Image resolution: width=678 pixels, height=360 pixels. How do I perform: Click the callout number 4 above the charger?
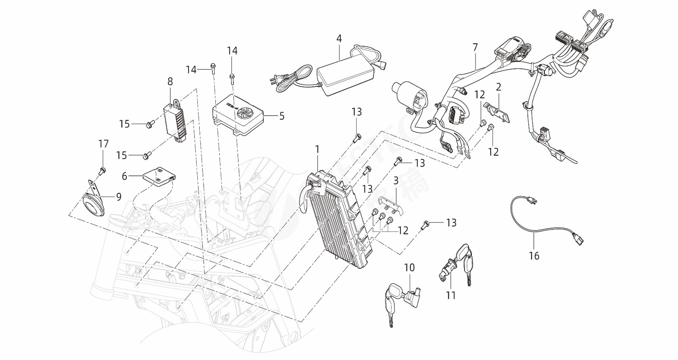339,38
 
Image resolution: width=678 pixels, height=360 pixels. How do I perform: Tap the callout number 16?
534,256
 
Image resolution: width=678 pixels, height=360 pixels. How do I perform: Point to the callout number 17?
103,144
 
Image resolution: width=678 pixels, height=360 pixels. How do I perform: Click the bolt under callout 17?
102,171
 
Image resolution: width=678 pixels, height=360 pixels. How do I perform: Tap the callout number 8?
170,82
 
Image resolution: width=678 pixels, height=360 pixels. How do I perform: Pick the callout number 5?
282,116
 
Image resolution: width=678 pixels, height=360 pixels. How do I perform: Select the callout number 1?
317,149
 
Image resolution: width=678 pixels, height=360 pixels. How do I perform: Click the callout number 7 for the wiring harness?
475,47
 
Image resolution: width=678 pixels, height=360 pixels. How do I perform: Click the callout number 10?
409,268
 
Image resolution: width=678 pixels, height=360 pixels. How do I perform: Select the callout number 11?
451,295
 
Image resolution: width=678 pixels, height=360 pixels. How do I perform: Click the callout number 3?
396,182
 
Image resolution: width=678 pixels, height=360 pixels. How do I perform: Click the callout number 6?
124,176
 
